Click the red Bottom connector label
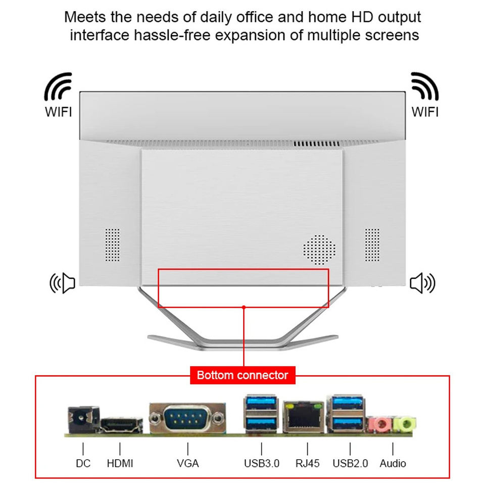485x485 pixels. click(x=243, y=375)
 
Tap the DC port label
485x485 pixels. click(x=83, y=463)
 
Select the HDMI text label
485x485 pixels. click(x=120, y=463)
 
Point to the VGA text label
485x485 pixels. click(x=188, y=463)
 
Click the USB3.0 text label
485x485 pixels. click(x=262, y=463)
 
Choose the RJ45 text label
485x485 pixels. click(x=308, y=463)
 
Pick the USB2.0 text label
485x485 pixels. click(x=350, y=463)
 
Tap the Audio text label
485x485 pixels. click(x=393, y=463)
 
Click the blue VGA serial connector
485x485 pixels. click(x=187, y=418)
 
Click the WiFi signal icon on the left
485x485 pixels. click(x=59, y=87)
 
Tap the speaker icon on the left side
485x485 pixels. click(x=62, y=283)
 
